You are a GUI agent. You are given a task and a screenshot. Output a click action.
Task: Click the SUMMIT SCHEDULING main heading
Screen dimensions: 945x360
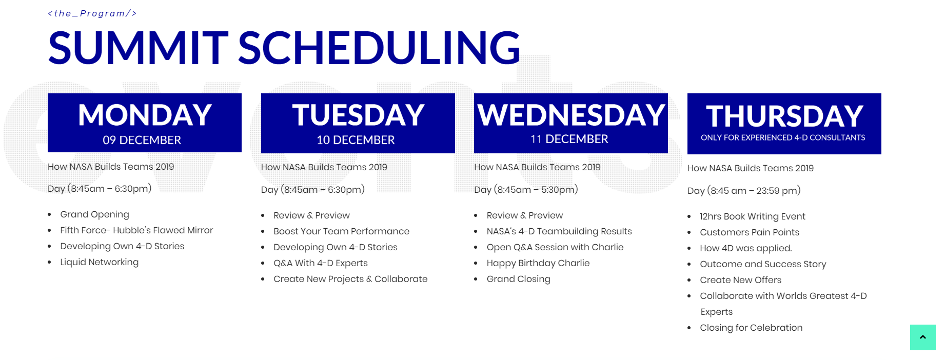[x=284, y=48]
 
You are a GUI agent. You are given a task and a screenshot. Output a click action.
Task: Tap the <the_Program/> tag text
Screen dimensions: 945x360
[x=92, y=13]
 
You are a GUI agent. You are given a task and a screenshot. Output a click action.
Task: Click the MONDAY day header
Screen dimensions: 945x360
[x=145, y=115]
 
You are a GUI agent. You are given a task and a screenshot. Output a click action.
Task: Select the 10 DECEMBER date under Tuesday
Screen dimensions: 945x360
[x=356, y=140]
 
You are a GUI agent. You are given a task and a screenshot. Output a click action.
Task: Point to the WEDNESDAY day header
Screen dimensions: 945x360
[x=571, y=115]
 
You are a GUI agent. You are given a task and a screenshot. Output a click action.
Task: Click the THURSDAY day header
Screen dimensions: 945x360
[x=784, y=116]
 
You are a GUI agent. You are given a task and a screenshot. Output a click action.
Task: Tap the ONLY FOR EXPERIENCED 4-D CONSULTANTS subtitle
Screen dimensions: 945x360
[x=783, y=137]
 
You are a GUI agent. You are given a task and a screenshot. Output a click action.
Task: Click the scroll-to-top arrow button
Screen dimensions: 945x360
[x=923, y=337]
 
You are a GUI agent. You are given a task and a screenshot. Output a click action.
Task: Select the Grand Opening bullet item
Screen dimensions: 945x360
[x=94, y=214]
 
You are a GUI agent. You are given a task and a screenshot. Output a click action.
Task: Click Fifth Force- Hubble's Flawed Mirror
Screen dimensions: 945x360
[x=136, y=230]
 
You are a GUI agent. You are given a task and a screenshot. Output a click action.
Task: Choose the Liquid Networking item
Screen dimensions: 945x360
[x=99, y=262]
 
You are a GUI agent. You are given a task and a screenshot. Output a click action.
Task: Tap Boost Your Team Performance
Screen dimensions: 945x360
[x=341, y=231]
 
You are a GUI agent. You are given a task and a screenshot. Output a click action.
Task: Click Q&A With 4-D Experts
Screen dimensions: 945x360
[x=321, y=263]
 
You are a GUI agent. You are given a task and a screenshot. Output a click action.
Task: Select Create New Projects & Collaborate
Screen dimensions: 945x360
[x=350, y=279]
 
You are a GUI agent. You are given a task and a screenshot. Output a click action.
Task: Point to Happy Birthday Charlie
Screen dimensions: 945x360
[x=538, y=263]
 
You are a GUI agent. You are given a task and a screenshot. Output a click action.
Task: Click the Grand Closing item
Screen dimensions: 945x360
[x=518, y=279]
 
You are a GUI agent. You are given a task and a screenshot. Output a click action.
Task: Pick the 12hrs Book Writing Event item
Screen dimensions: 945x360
[x=753, y=216]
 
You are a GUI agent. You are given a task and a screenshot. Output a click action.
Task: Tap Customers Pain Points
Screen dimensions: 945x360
[x=750, y=232]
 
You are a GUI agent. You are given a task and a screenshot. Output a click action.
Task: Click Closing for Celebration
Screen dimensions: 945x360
[x=751, y=328]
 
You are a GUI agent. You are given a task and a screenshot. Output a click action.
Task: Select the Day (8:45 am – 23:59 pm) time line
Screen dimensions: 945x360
[x=744, y=191]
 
